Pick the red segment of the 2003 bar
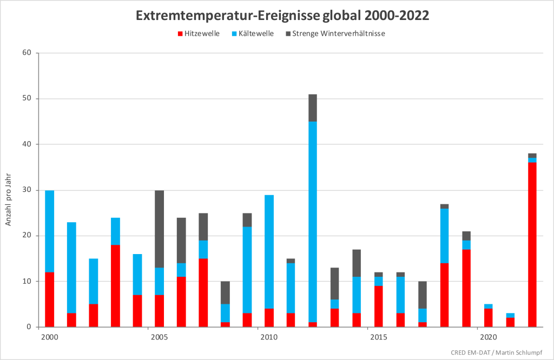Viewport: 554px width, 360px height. [115, 285]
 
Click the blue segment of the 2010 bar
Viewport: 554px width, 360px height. [269, 251]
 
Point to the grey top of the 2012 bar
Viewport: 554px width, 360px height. [313, 108]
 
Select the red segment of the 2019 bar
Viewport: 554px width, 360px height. [466, 288]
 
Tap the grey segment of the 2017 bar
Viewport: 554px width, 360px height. [423, 295]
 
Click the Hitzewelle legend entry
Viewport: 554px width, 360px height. [199, 34]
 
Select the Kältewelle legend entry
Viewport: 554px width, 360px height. [254, 34]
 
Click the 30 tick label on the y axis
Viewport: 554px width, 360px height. [27, 190]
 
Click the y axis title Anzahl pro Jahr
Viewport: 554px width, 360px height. [9, 199]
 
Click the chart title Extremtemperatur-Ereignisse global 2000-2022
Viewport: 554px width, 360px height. [282, 15]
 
